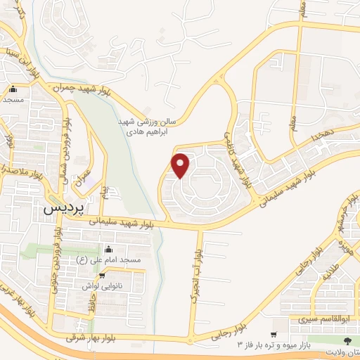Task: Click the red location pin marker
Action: pos(181,165)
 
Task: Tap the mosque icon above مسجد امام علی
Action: pos(108,250)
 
